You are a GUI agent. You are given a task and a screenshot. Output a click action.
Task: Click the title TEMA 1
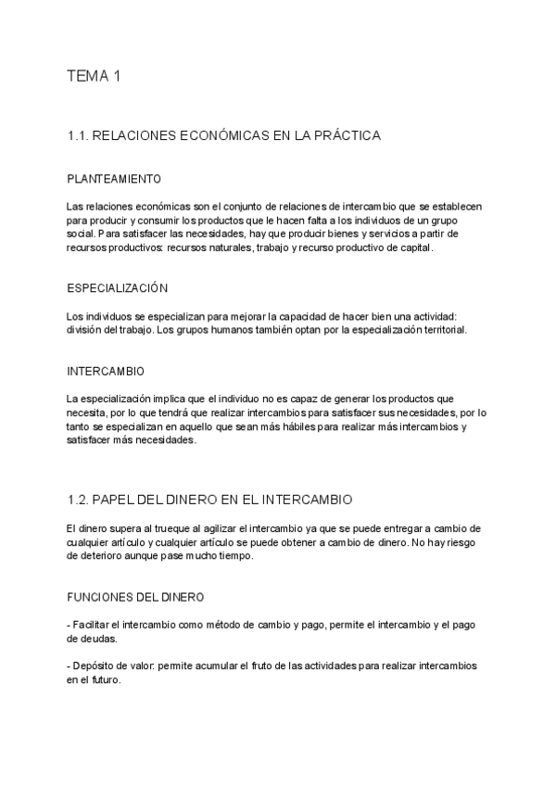pyautogui.click(x=94, y=77)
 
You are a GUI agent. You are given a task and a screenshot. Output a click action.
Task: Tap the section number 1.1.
pyautogui.click(x=78, y=135)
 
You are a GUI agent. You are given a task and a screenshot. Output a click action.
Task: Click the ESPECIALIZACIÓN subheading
pyautogui.click(x=117, y=288)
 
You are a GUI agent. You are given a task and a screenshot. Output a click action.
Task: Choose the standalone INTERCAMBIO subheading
pyautogui.click(x=106, y=372)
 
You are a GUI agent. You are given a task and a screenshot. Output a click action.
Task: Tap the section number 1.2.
pyautogui.click(x=78, y=500)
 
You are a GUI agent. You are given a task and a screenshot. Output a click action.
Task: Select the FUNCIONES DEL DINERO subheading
pyautogui.click(x=135, y=597)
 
